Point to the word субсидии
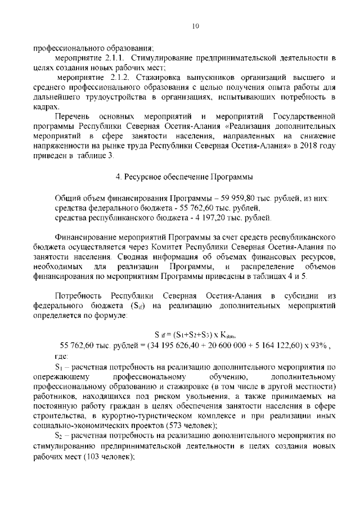point(301,296)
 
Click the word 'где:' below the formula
point(61,356)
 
